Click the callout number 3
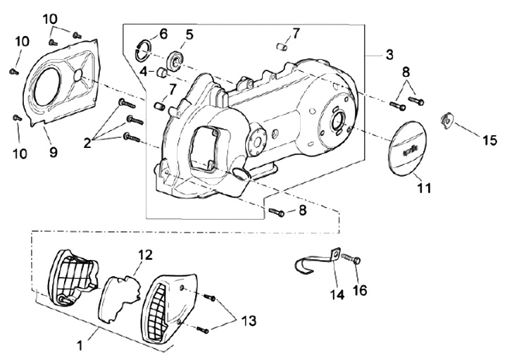[389, 55]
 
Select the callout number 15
[489, 140]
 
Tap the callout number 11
[424, 187]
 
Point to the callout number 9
[53, 151]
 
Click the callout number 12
[146, 255]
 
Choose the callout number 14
[337, 294]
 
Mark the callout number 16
[361, 290]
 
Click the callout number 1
[80, 346]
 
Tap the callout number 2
[87, 143]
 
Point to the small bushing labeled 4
[162, 73]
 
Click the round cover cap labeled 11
[408, 149]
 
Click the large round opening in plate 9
[48, 87]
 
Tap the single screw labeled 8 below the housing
[277, 212]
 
